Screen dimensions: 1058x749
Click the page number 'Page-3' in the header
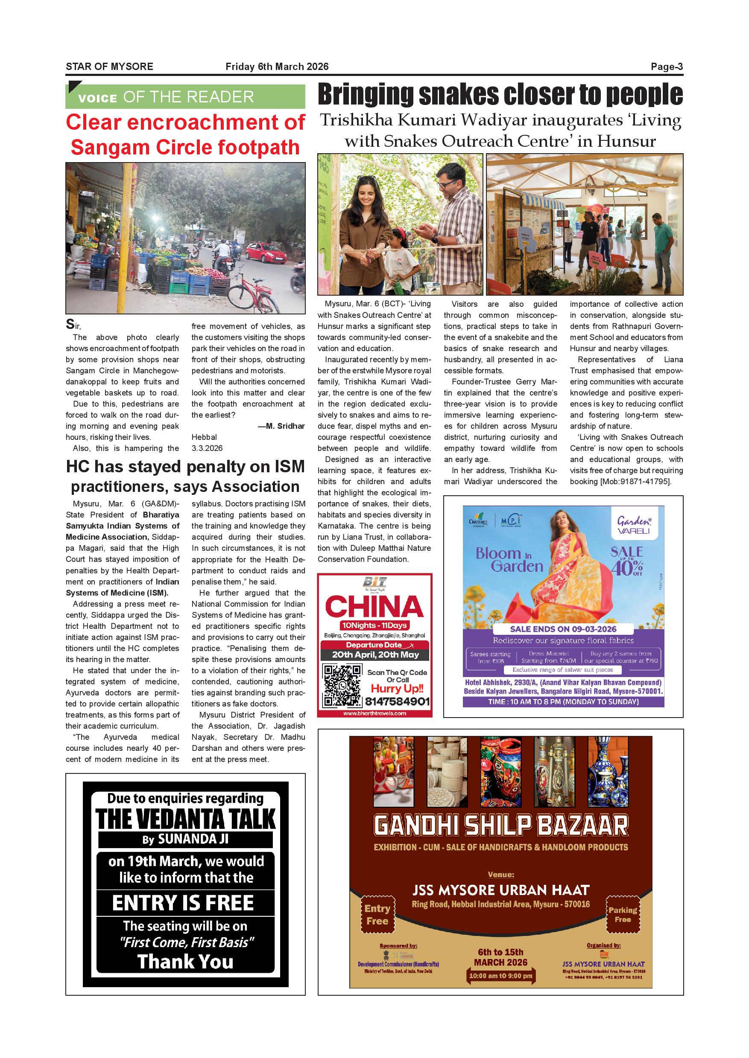[x=667, y=67]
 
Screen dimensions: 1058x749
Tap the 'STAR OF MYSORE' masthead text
[x=109, y=67]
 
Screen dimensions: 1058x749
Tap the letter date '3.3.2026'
[x=207, y=448]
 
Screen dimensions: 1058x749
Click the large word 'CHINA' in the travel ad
[x=374, y=606]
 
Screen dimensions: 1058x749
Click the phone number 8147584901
[x=398, y=702]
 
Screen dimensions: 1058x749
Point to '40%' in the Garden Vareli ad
[x=626, y=567]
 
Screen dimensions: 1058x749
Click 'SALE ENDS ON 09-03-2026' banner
[x=563, y=629]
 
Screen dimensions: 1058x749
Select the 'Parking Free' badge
[x=622, y=914]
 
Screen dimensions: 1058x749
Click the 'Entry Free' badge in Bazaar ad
[x=377, y=914]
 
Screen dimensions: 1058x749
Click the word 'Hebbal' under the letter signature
[x=204, y=437]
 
